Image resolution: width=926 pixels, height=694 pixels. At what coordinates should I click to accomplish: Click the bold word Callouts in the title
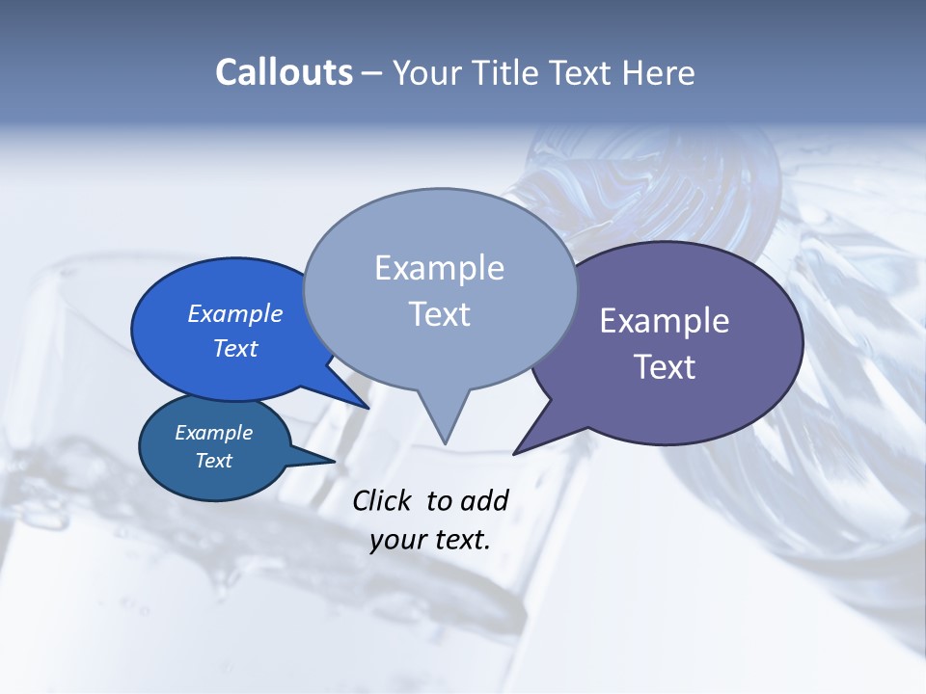284,72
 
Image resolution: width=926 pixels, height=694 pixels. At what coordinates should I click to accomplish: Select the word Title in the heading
508,72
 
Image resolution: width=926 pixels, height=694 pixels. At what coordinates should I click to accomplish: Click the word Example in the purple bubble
665,321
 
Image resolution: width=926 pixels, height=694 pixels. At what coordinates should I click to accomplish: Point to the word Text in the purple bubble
665,367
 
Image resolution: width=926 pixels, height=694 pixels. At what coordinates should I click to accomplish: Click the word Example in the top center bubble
439,268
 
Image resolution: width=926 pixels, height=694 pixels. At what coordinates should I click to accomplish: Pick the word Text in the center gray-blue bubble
439,314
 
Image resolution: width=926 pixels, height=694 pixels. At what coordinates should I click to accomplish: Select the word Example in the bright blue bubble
234,313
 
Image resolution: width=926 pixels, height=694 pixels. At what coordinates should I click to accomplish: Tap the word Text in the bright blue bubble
234,348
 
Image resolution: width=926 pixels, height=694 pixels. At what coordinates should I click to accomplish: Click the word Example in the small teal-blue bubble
213,433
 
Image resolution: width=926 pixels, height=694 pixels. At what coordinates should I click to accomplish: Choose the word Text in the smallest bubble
213,461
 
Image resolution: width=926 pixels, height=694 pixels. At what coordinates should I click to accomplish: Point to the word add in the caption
484,500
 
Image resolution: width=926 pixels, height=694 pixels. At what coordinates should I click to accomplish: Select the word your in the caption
394,539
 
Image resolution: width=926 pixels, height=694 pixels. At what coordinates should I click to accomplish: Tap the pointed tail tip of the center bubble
445,443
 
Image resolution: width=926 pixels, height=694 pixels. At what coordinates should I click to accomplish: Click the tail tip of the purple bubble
514,453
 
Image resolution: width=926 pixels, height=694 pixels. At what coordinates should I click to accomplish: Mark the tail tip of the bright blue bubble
368,408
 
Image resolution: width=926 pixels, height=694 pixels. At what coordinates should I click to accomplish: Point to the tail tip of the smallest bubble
335,461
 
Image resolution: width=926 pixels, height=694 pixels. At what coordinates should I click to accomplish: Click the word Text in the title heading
583,72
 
